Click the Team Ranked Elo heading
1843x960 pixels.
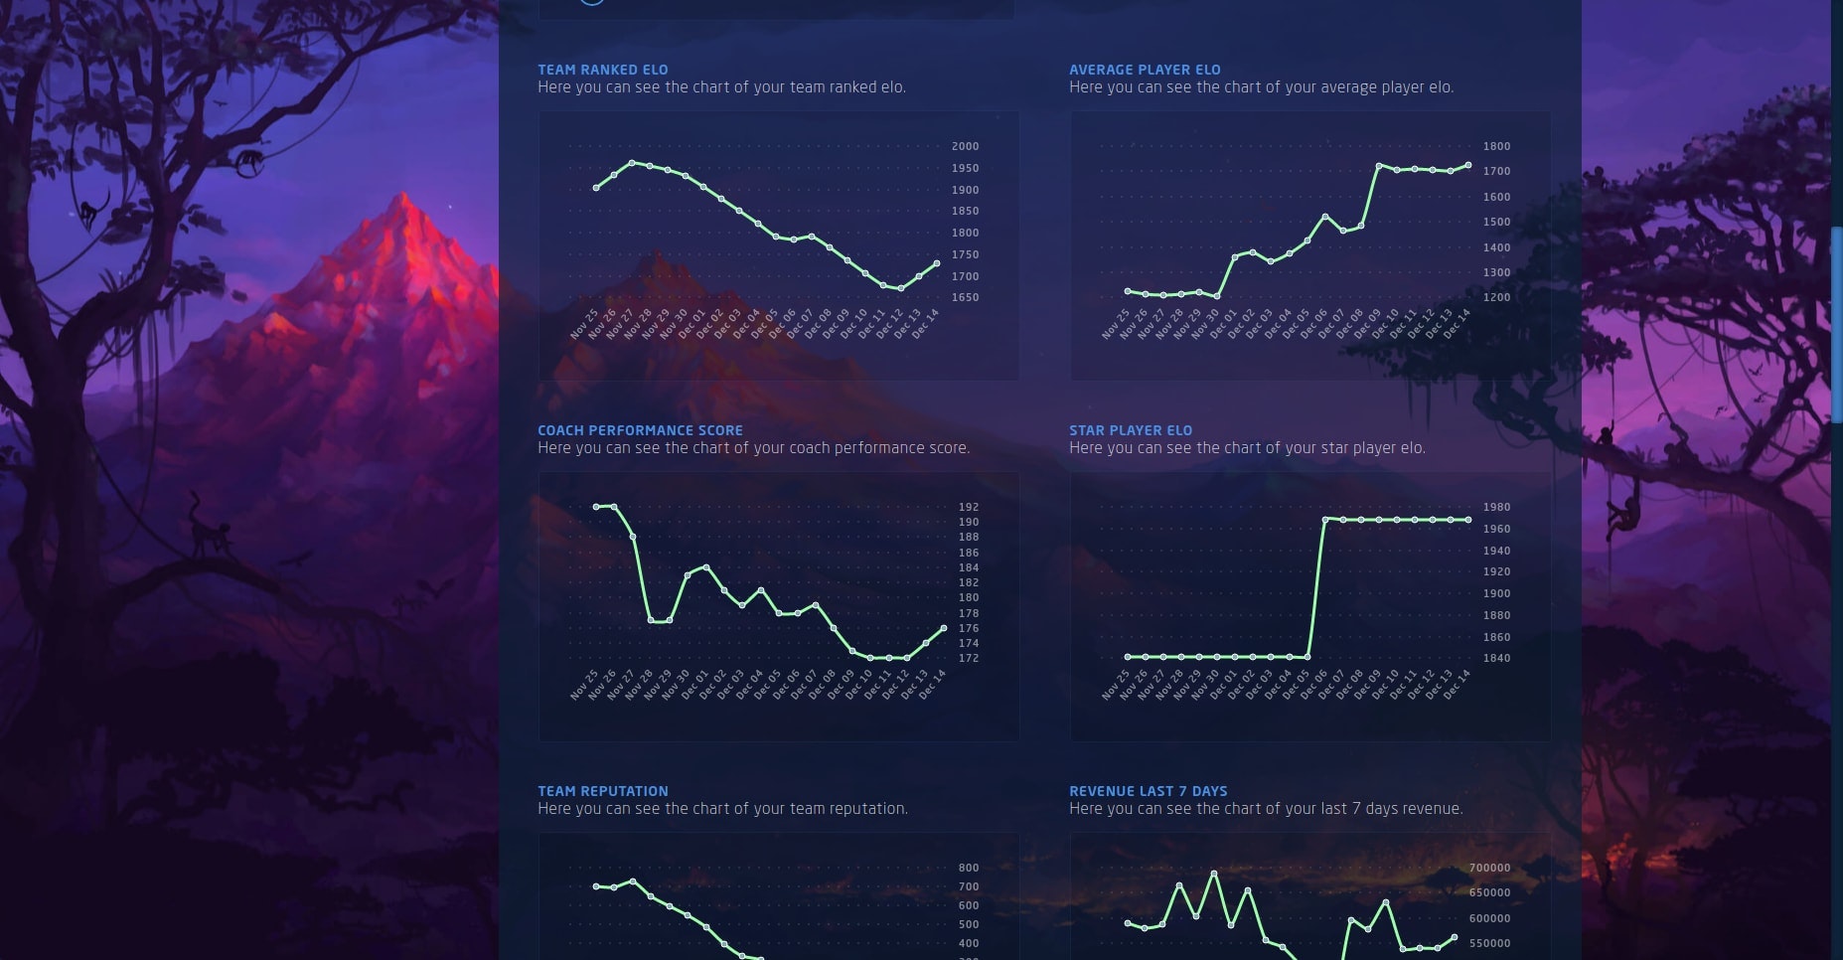(602, 70)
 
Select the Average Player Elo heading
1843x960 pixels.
(1145, 70)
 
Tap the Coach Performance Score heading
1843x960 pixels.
(640, 430)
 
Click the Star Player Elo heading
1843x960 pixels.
(1130, 430)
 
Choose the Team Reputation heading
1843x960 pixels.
(602, 791)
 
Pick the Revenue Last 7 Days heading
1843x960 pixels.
(1148, 791)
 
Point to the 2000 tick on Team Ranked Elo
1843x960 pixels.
(965, 146)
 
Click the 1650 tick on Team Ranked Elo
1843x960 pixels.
(965, 297)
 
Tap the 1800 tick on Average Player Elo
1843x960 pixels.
(1496, 146)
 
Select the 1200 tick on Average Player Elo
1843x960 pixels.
(1496, 297)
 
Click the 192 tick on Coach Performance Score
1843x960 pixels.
(968, 507)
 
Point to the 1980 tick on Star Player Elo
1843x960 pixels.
(1496, 507)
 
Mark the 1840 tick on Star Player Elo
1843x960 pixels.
(1496, 658)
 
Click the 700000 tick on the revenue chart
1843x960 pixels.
(1489, 868)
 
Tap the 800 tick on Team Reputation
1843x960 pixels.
(968, 868)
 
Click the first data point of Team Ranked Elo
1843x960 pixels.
(596, 188)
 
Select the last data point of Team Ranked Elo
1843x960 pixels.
(937, 263)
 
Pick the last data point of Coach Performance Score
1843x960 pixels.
(944, 628)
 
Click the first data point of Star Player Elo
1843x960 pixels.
(1128, 657)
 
